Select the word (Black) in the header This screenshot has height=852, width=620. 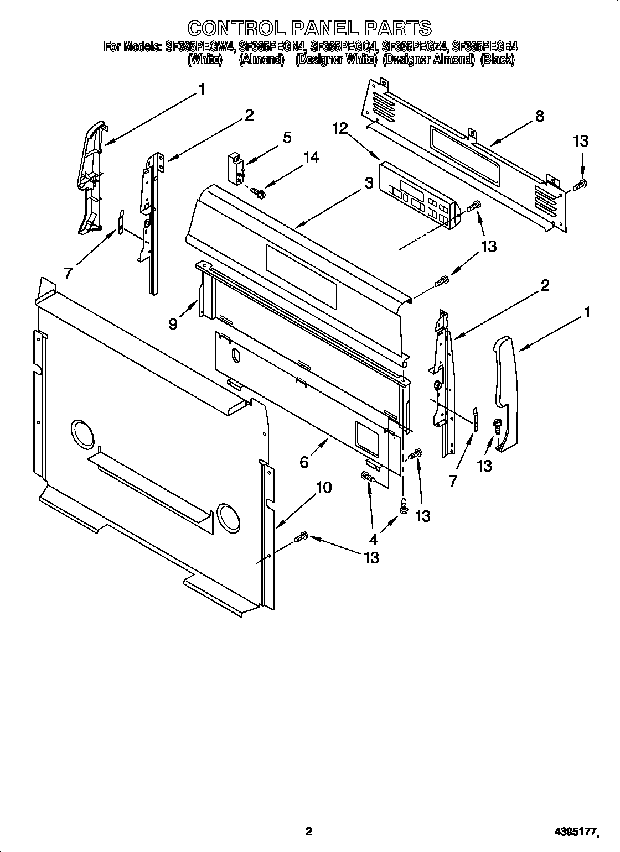click(x=497, y=60)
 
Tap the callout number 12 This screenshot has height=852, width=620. click(x=340, y=129)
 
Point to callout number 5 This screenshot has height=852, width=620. click(x=287, y=137)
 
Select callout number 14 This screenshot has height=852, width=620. click(x=311, y=158)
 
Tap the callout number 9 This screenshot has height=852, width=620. click(x=173, y=325)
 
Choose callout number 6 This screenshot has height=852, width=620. click(x=304, y=462)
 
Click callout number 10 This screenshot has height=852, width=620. click(x=323, y=487)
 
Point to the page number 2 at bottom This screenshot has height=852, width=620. click(x=309, y=816)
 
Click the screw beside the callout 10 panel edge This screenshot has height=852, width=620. click(x=302, y=536)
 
